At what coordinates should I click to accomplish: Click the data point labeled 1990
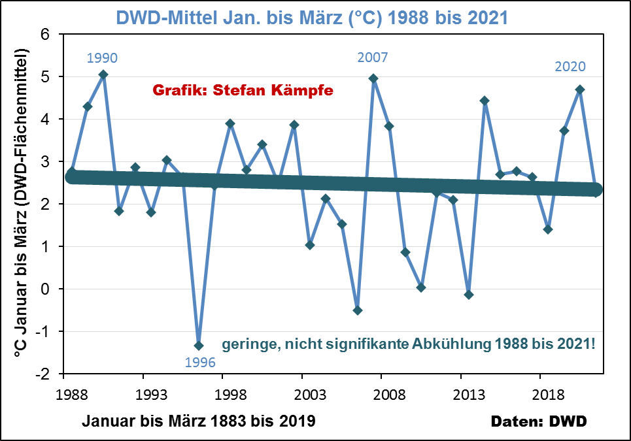click(x=103, y=74)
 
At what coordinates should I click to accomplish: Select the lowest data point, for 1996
click(x=199, y=346)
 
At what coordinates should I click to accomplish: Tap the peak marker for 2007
click(x=373, y=78)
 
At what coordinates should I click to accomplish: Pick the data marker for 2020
click(x=580, y=90)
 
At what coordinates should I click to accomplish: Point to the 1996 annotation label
click(x=199, y=363)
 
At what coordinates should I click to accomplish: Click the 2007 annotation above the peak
click(x=373, y=57)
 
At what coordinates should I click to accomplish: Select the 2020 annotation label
click(x=570, y=67)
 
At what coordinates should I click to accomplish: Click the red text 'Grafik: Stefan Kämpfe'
click(x=243, y=91)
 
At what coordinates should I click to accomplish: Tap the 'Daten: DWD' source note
click(x=539, y=421)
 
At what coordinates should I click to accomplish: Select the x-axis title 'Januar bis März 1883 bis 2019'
click(x=199, y=421)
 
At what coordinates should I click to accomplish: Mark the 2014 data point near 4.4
click(x=485, y=101)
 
